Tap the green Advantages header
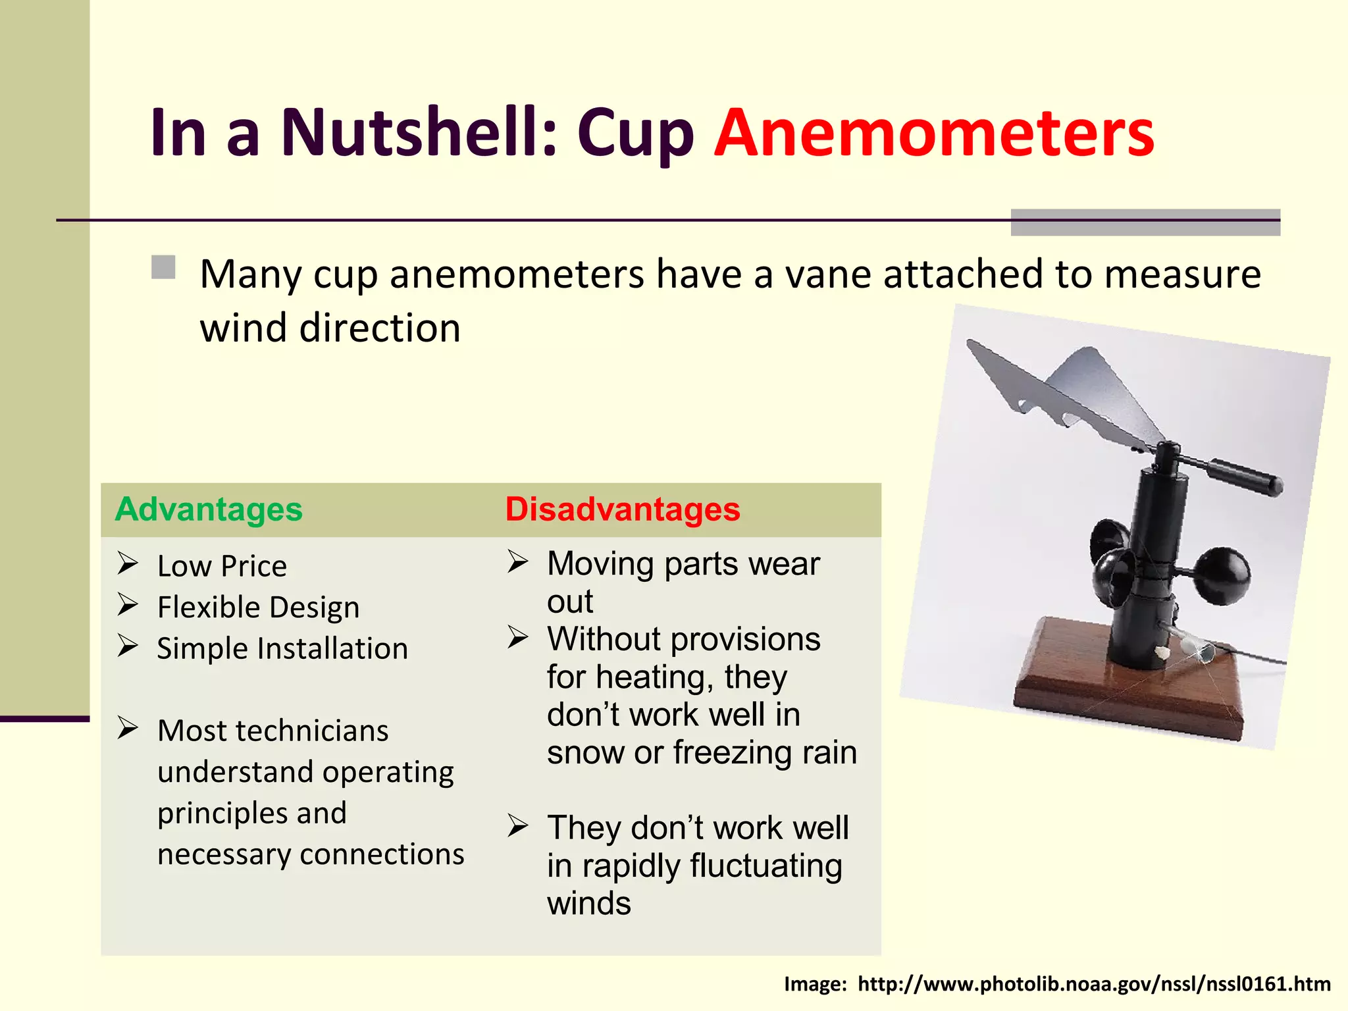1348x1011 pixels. (209, 509)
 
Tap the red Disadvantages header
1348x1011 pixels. (623, 509)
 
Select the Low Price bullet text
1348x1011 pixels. (222, 567)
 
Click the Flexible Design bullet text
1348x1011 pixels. (258, 608)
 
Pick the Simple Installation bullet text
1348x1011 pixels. (282, 649)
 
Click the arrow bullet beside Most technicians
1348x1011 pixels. (128, 728)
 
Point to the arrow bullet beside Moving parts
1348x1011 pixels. (517, 561)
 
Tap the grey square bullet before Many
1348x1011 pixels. (163, 268)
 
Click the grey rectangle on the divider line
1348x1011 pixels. (1145, 222)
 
